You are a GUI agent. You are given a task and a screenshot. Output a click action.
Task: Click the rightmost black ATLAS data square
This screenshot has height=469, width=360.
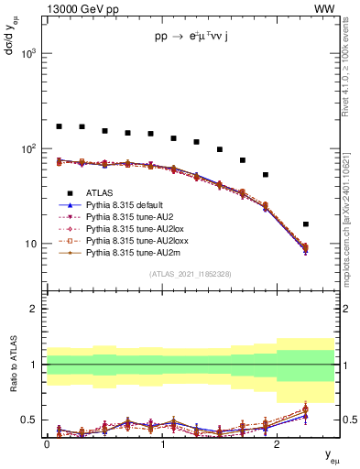(305, 224)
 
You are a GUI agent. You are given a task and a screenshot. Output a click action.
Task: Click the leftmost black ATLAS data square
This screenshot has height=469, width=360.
(59, 126)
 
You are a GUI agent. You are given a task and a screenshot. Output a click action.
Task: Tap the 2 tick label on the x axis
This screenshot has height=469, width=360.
(277, 443)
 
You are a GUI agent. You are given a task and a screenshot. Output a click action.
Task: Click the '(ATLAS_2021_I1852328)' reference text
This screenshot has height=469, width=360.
(190, 274)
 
